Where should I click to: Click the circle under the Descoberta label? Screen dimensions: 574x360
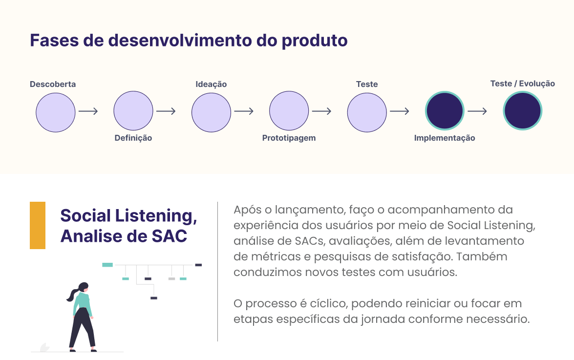tap(56, 112)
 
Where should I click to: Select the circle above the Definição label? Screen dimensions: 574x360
tap(133, 110)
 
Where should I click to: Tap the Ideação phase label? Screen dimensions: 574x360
tap(211, 84)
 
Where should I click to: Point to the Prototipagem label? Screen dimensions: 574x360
tap(289, 138)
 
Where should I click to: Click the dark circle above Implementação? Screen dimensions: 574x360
tap(445, 110)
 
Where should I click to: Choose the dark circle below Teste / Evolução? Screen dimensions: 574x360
tap(522, 110)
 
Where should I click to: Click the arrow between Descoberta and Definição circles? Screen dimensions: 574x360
tap(88, 111)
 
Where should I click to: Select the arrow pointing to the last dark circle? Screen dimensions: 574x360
tap(477, 111)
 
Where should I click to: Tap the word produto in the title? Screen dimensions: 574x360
tap(315, 41)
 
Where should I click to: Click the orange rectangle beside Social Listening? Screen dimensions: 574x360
tap(38, 225)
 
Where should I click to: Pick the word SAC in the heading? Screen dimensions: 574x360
tap(169, 236)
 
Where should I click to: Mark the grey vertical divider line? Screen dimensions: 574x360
tap(217, 272)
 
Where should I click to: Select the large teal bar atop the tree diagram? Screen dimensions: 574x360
tap(107, 265)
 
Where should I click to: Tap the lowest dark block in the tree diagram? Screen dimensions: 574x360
tap(154, 298)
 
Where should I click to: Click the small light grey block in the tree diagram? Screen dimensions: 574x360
tap(171, 279)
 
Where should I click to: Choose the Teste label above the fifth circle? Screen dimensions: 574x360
tap(367, 84)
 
